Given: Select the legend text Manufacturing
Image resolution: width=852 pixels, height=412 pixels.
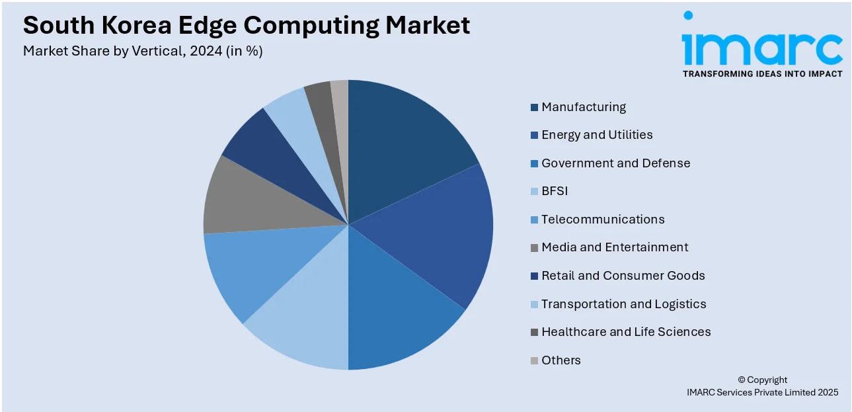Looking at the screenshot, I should click(584, 107).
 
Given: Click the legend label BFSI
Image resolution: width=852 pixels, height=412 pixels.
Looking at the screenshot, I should click(555, 191).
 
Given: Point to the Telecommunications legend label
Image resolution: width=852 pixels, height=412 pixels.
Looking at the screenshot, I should click(603, 220).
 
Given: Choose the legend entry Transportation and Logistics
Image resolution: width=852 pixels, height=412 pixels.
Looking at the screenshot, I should click(623, 304).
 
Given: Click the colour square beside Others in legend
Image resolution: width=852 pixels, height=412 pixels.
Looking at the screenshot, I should click(534, 361).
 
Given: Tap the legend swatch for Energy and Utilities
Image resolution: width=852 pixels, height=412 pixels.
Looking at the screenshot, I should click(534, 136).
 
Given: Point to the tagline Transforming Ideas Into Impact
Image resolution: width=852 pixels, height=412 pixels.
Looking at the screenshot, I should click(762, 74).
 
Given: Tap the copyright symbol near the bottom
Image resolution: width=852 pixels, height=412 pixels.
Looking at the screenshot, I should click(741, 380).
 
